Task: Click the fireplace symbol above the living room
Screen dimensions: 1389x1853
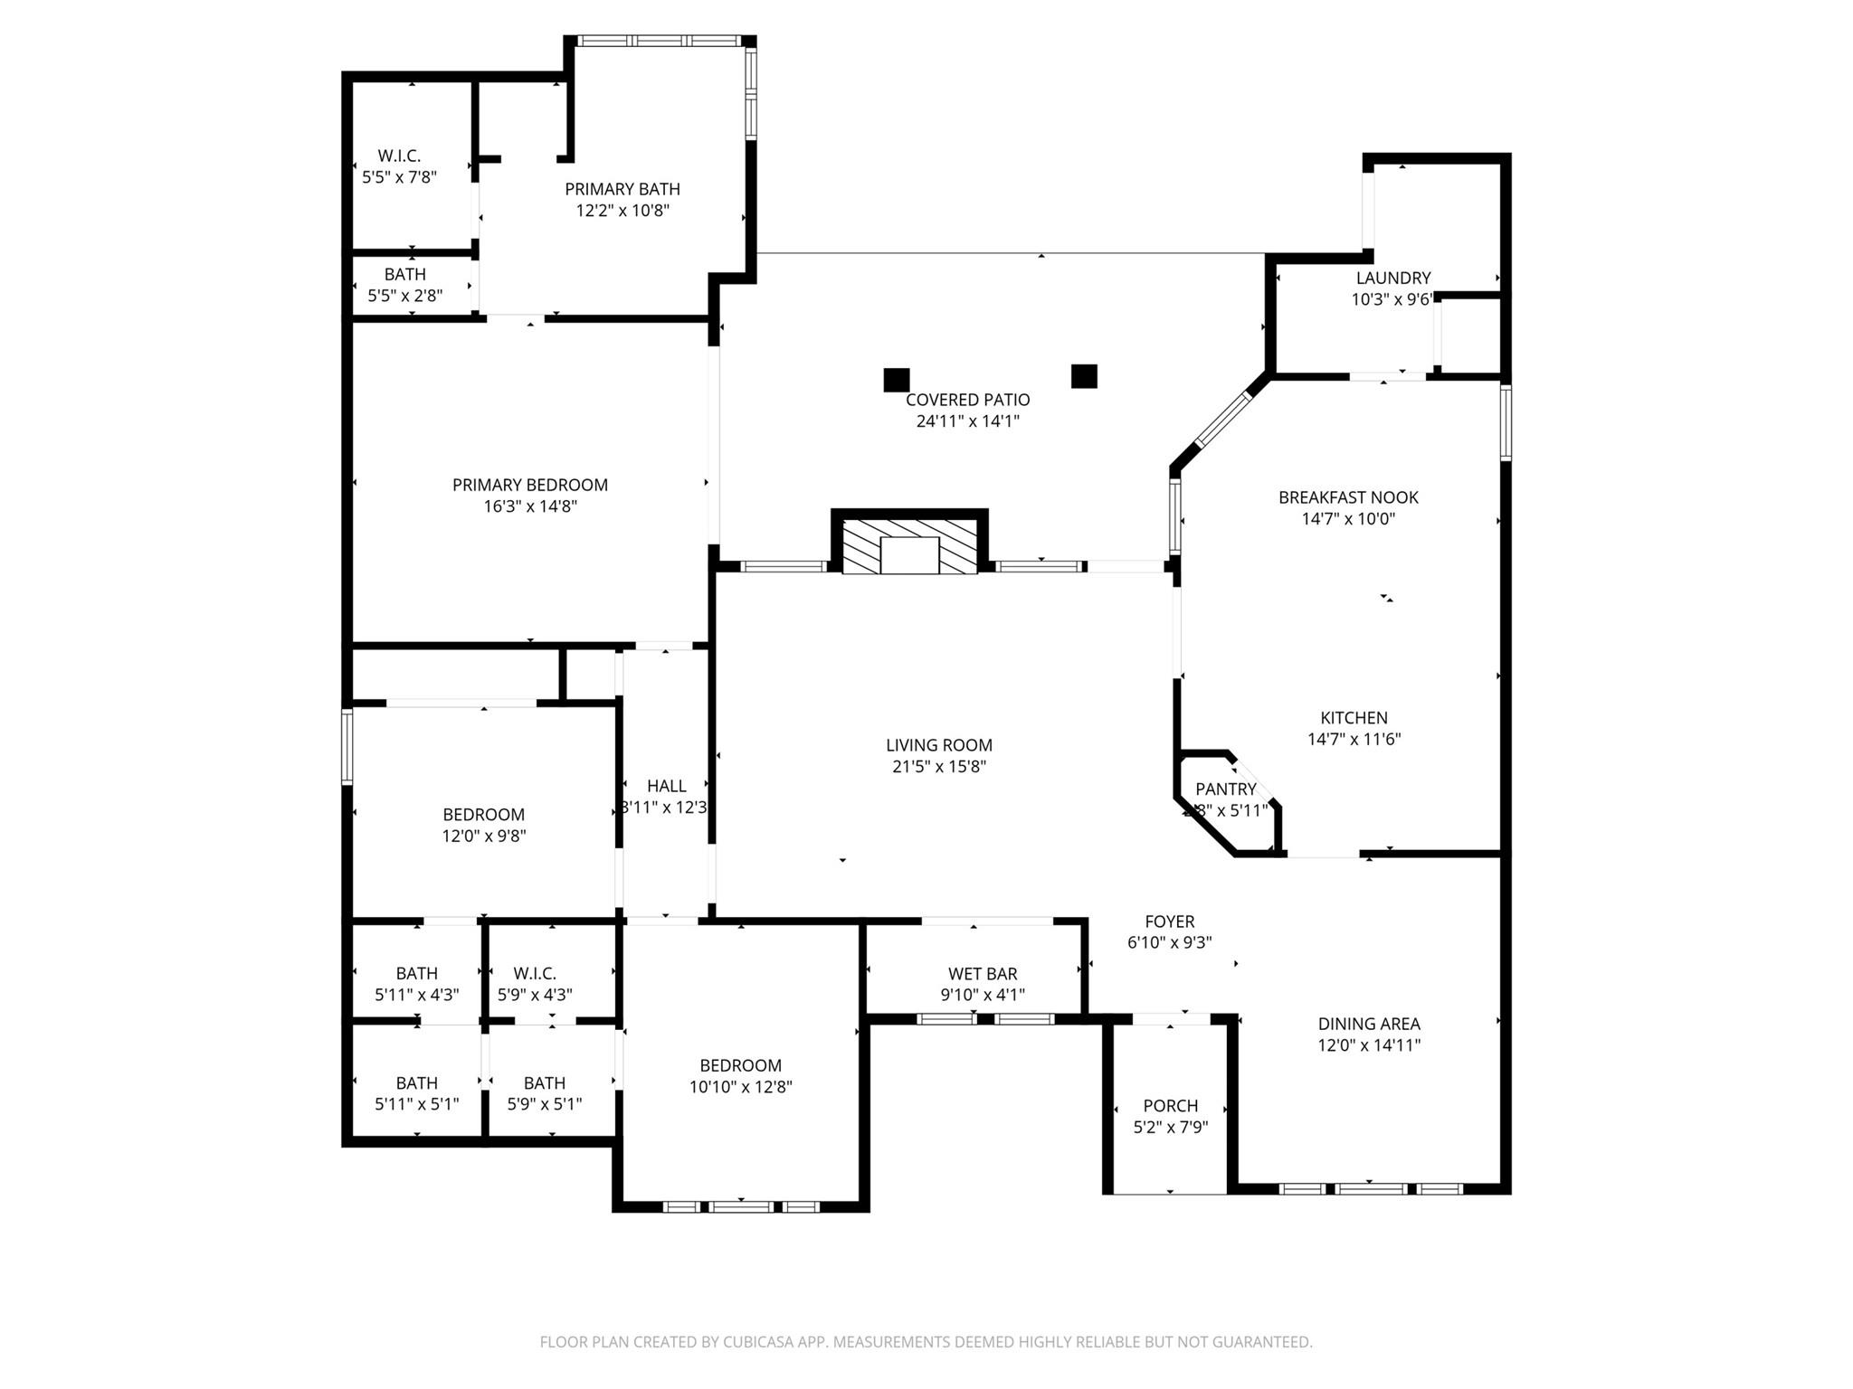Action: tap(909, 546)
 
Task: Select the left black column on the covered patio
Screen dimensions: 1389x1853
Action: tap(896, 380)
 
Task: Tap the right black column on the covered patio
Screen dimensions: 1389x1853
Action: tap(1084, 376)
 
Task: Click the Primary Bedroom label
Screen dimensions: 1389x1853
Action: tap(530, 485)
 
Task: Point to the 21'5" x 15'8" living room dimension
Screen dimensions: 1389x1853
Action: tap(938, 767)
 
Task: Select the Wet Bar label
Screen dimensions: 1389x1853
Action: tap(983, 974)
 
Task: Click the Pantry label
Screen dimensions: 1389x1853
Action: tap(1225, 789)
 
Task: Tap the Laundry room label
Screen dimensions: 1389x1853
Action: tap(1392, 279)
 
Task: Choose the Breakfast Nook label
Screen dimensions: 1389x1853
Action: tap(1348, 497)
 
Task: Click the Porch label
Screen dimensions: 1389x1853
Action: tap(1170, 1106)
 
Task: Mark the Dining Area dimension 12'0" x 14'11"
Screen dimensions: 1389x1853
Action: tap(1368, 1045)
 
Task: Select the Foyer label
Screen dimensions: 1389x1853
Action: tap(1169, 921)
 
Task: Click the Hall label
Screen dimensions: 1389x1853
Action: tap(666, 787)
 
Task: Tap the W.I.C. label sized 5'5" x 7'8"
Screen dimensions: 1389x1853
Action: tap(399, 156)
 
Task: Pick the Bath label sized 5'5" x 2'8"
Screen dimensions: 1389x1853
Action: tap(404, 274)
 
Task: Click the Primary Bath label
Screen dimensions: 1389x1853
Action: tap(622, 189)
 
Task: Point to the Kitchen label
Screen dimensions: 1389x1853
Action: tap(1354, 718)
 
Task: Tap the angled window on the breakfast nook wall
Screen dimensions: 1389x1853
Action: tap(1223, 420)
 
